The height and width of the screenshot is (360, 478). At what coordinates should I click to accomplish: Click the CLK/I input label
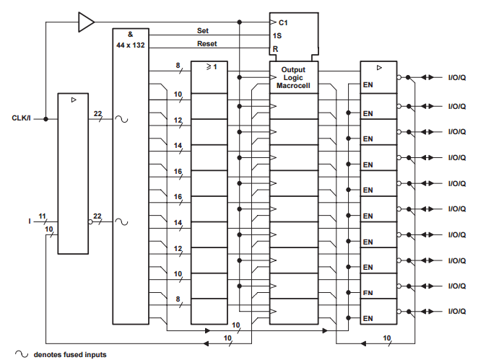click(21, 118)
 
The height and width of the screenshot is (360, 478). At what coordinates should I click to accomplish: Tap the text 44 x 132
click(131, 45)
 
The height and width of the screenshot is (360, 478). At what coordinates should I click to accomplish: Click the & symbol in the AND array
click(130, 34)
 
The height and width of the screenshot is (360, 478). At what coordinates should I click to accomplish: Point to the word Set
click(204, 30)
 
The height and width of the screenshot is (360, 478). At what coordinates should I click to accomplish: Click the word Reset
click(207, 44)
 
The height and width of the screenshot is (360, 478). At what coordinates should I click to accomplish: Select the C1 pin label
click(283, 23)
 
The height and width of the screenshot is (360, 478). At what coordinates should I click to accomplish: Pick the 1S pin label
click(277, 35)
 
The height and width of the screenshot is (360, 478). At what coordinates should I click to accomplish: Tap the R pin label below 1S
click(275, 49)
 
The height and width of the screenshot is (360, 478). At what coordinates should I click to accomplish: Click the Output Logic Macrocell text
click(293, 78)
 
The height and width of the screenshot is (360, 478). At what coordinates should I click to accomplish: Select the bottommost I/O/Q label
click(456, 311)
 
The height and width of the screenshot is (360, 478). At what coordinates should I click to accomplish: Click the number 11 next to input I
click(43, 215)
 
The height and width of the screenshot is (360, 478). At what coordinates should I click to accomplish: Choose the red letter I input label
click(30, 221)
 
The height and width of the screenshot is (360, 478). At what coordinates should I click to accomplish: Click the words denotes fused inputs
click(70, 354)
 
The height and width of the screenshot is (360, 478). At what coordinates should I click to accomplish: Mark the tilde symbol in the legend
click(22, 354)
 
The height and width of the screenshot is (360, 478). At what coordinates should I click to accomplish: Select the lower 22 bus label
click(97, 215)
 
